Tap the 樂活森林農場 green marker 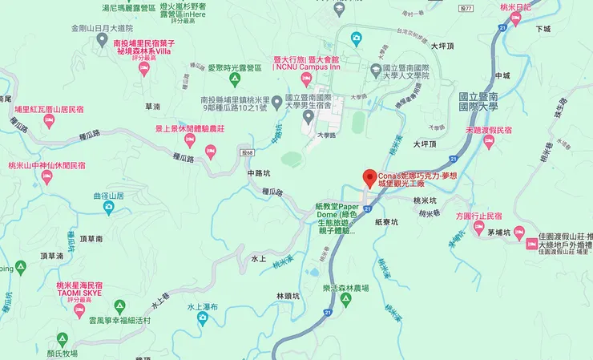click(x=345, y=300)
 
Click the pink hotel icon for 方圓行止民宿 click(x=479, y=228)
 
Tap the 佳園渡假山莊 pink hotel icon click(x=530, y=241)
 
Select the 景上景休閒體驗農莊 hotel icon click(x=190, y=140)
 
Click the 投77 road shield click(x=469, y=7)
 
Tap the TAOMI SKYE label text click(x=79, y=293)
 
